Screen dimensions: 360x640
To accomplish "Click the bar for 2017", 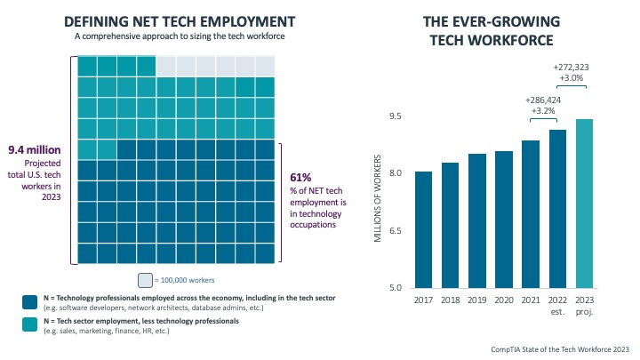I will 424,229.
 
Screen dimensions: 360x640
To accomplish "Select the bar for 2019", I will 477,220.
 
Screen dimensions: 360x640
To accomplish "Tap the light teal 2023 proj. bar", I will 584,204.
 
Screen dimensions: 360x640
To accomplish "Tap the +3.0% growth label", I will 571,78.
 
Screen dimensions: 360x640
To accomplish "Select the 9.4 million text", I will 33,150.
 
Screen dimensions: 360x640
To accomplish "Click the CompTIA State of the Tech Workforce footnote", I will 559,349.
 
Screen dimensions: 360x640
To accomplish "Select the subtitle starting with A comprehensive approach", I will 180,38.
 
